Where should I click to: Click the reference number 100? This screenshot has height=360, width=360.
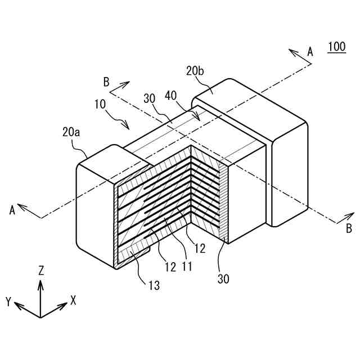[336, 47]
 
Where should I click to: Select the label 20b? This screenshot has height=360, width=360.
[195, 71]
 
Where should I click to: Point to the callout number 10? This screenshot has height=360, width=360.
[101, 105]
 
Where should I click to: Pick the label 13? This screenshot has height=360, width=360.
[154, 286]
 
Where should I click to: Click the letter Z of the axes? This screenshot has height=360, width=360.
[40, 271]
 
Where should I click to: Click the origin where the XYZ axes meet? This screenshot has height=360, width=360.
[40, 316]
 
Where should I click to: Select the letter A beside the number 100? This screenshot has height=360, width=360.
[309, 52]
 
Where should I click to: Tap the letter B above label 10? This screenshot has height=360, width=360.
[106, 82]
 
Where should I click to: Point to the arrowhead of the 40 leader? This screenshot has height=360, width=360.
[199, 118]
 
